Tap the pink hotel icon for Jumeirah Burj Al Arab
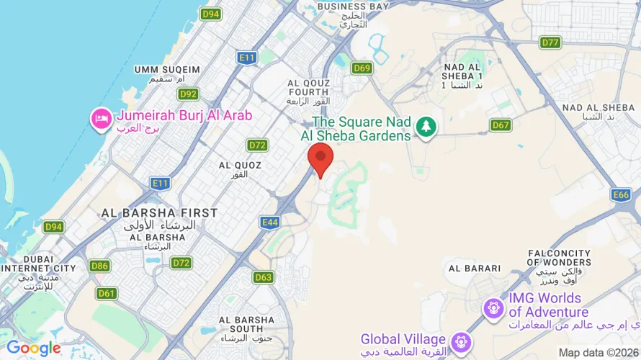click(x=100, y=117)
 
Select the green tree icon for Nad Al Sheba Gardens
click(x=426, y=127)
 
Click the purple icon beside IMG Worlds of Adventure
click(x=493, y=307)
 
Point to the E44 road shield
click(x=270, y=222)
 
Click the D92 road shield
click(x=189, y=94)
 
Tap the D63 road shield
click(x=264, y=276)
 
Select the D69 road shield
click(x=362, y=68)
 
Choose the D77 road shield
click(x=550, y=42)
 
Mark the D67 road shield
click(x=501, y=125)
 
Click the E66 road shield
click(x=621, y=195)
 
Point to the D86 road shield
click(x=100, y=266)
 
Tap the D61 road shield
click(x=107, y=293)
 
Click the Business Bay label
click(x=353, y=6)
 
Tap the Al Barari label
click(x=474, y=268)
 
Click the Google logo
click(x=34, y=348)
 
